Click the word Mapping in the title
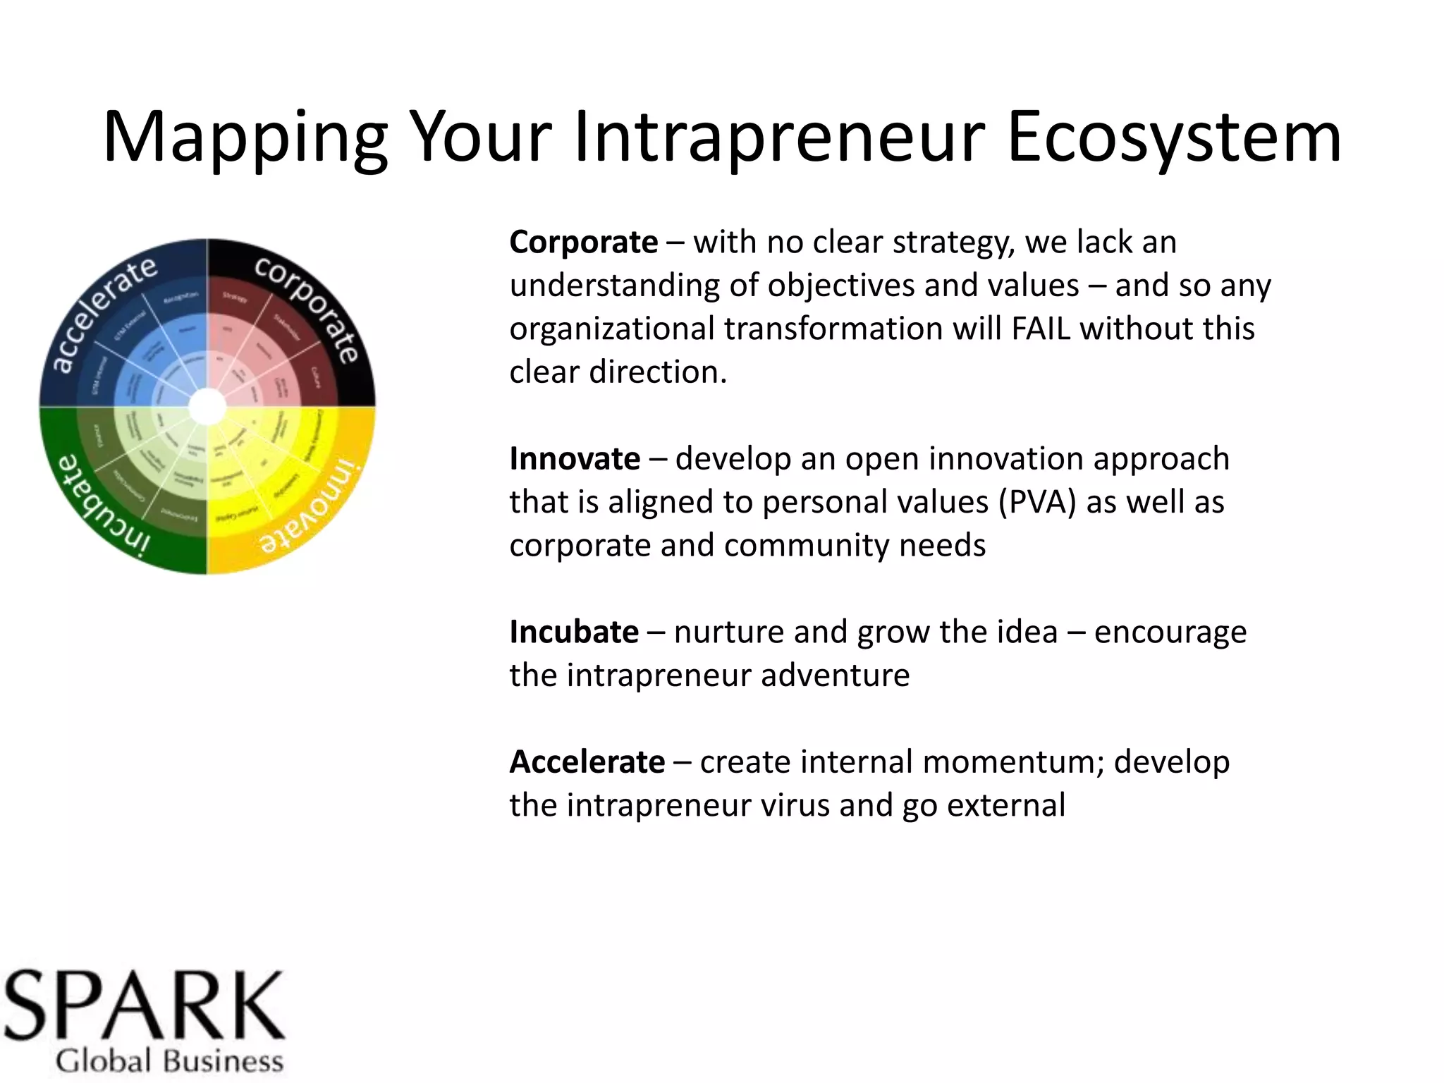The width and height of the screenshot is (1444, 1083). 245,137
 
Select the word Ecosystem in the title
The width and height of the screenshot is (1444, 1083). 1174,137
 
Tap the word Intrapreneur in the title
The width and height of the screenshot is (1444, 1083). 778,137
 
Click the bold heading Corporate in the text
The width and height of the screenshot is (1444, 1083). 584,243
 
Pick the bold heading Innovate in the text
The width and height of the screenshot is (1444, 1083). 575,459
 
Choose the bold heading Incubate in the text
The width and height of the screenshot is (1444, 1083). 574,632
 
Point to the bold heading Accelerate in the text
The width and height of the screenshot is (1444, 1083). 587,762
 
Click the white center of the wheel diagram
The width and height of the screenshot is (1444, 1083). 207,407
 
